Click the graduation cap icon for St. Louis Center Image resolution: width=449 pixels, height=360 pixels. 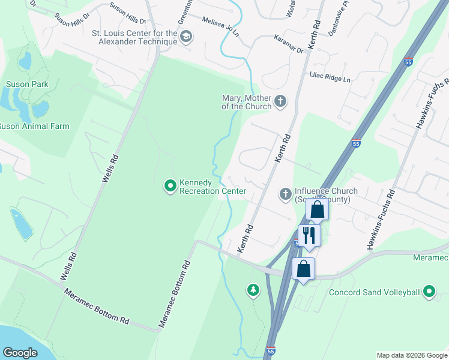pyautogui.click(x=186, y=37)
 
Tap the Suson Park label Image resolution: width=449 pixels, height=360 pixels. pyautogui.click(x=27, y=85)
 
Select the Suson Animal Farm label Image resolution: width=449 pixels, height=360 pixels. pyautogui.click(x=34, y=127)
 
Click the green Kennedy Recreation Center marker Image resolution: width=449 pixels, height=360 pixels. pyautogui.click(x=170, y=187)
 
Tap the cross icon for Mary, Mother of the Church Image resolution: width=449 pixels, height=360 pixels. pyautogui.click(x=280, y=102)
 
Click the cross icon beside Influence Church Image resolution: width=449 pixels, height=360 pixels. pyautogui.click(x=286, y=194)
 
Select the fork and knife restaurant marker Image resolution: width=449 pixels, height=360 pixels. pyautogui.click(x=309, y=235)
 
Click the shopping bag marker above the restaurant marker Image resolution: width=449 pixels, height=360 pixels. pyautogui.click(x=318, y=209)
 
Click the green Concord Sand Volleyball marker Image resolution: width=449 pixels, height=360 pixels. pyautogui.click(x=429, y=292)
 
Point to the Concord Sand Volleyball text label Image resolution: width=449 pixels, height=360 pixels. pyautogui.click(x=374, y=293)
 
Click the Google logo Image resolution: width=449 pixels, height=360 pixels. pyautogui.click(x=20, y=353)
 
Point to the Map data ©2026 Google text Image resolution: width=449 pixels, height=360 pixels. pyautogui.click(x=411, y=355)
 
